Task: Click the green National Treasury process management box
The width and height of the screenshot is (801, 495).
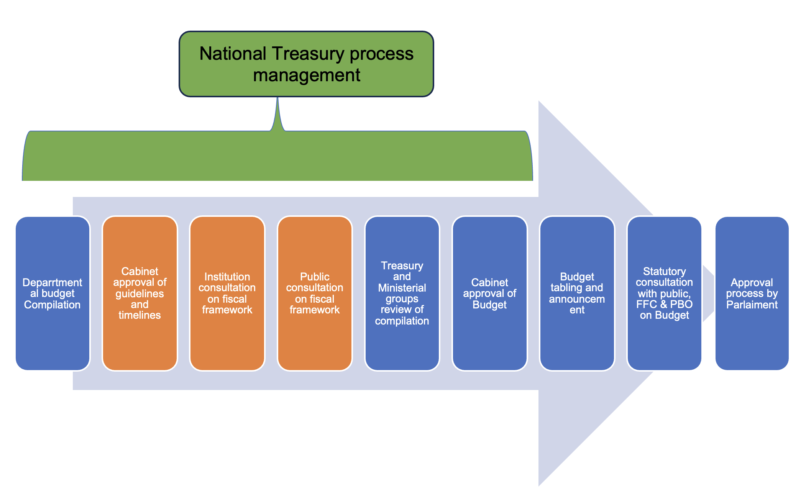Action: pos(306,64)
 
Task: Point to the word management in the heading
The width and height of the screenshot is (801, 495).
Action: pos(307,75)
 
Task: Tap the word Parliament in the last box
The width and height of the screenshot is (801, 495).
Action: pos(752,305)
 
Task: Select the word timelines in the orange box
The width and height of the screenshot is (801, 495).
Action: pos(140,315)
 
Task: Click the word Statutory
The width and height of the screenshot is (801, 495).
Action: pos(664,271)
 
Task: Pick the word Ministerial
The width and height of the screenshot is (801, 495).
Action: pos(402,288)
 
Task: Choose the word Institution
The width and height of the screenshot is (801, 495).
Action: pos(227,277)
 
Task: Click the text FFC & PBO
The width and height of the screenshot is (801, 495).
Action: pos(664,304)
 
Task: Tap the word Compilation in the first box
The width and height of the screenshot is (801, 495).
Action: pos(53,305)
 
